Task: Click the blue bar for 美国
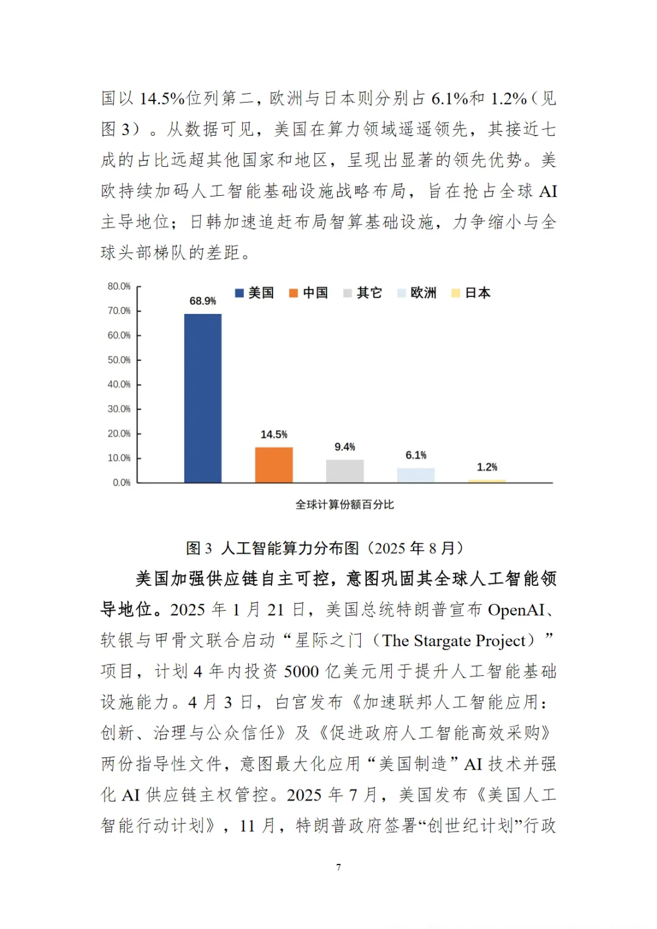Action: (203, 398)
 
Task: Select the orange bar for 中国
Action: (274, 465)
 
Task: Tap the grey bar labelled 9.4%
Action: (345, 471)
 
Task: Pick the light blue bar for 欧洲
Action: (416, 476)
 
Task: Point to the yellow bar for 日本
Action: (487, 481)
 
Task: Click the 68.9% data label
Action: (203, 301)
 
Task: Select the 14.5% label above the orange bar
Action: (274, 434)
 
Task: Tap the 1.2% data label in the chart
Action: (487, 467)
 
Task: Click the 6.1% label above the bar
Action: (416, 455)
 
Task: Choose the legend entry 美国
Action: (255, 293)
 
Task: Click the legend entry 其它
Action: (363, 293)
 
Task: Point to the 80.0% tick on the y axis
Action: (119, 287)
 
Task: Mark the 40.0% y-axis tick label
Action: (119, 384)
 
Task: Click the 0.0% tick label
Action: (122, 482)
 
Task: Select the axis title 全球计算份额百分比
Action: (345, 504)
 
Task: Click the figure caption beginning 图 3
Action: (325, 548)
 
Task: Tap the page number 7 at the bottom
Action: (339, 867)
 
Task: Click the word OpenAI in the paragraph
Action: (516, 610)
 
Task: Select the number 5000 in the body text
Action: (301, 672)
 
